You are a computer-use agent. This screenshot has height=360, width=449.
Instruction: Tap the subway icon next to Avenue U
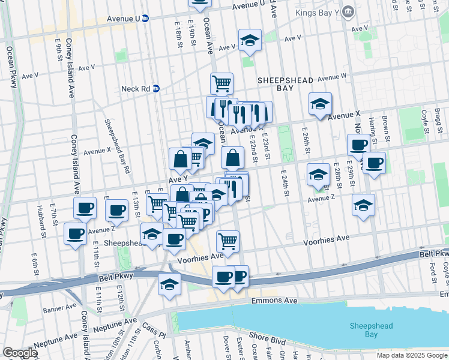145,19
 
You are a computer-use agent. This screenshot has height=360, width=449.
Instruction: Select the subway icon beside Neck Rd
155,88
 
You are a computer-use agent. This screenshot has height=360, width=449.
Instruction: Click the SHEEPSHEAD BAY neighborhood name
276,83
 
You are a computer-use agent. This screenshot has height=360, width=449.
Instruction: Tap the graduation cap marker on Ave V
250,41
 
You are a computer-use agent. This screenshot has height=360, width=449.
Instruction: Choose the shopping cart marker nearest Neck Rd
221,83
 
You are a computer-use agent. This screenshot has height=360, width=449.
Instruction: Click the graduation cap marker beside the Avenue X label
320,104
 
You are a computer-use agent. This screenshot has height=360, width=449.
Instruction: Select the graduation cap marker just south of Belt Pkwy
170,284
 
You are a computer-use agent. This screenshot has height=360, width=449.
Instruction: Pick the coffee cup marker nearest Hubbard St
76,234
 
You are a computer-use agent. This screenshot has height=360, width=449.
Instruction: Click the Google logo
20,353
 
